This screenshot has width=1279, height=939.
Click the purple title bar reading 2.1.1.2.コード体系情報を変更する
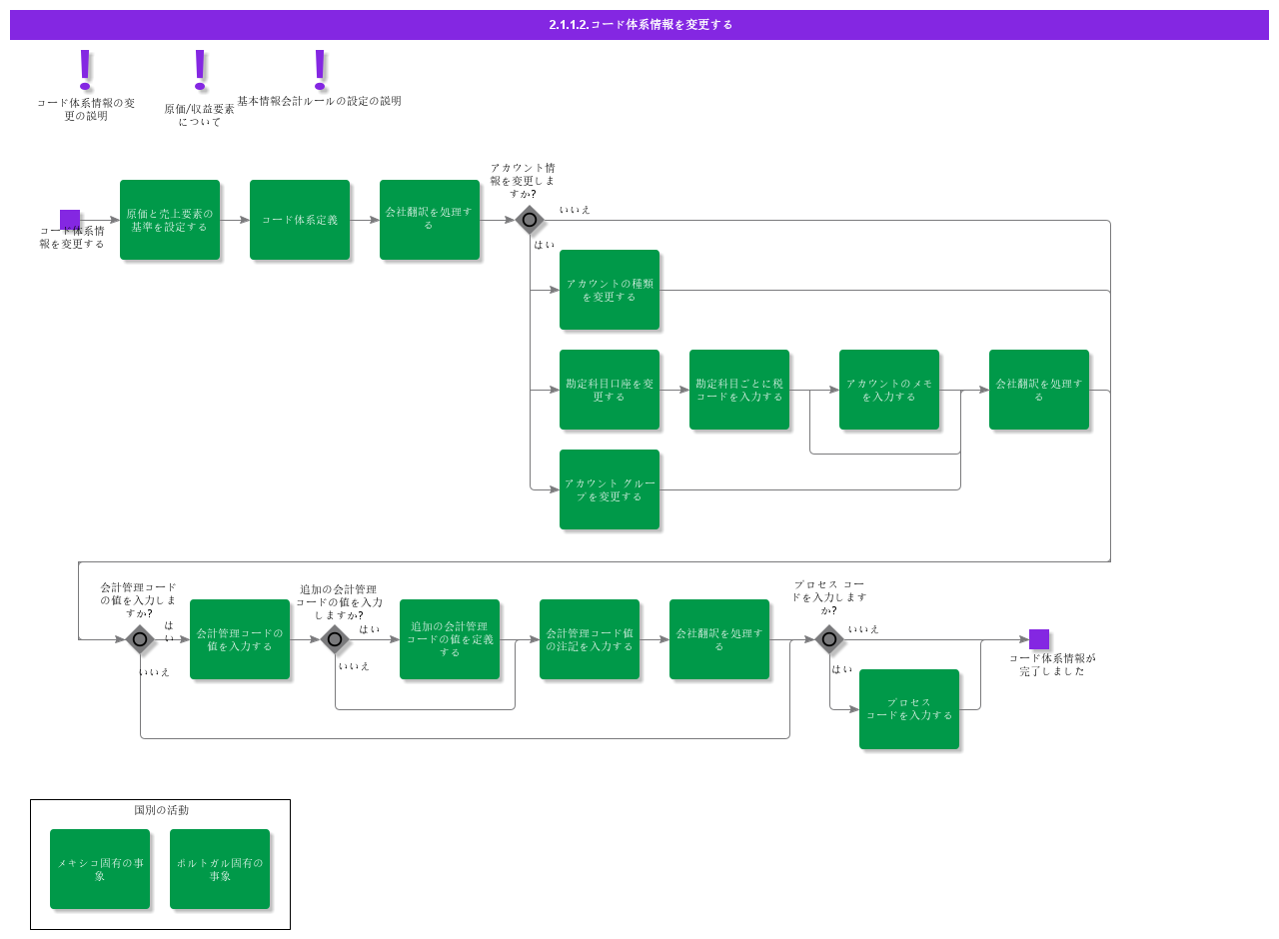[639, 24]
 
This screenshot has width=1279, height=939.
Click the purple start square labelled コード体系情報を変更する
[70, 220]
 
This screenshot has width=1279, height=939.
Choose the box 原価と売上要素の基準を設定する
[170, 220]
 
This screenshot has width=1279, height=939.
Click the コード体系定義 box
[300, 220]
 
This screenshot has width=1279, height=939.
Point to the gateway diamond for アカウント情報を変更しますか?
[530, 220]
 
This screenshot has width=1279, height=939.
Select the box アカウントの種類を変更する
[610, 290]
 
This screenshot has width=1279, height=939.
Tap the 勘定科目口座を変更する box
[610, 390]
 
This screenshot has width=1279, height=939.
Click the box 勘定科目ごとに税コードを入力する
[739, 390]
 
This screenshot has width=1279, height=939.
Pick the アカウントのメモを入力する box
[889, 390]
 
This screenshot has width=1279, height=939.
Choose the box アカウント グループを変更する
[610, 489]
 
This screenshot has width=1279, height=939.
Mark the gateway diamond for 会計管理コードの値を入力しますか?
[140, 639]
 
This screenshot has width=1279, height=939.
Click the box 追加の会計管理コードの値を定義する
[450, 639]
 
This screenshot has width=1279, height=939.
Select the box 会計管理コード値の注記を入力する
[590, 639]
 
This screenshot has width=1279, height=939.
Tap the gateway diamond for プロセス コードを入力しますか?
[829, 639]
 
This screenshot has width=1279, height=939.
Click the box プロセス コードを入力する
[909, 709]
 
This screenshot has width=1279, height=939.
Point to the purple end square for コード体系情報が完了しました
[1039, 639]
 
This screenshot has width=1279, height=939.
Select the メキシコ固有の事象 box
[100, 869]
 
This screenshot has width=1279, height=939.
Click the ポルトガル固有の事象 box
[220, 869]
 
